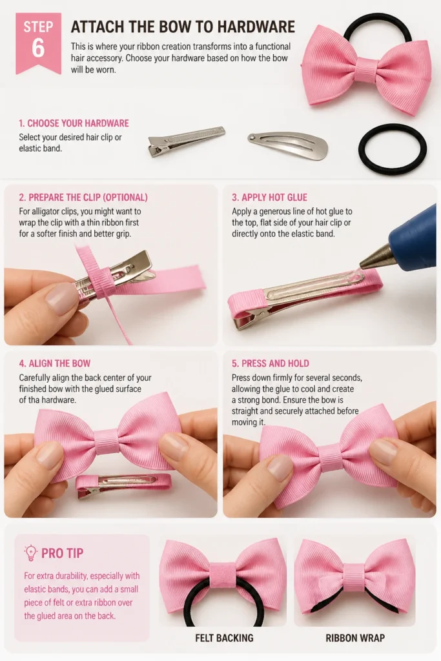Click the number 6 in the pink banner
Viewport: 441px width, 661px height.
pyautogui.click(x=38, y=48)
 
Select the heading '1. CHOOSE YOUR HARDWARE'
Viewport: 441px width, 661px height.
pyautogui.click(x=74, y=123)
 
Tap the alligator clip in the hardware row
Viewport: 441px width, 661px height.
pyautogui.click(x=187, y=140)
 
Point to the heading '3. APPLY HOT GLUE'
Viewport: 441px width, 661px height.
pyautogui.click(x=269, y=198)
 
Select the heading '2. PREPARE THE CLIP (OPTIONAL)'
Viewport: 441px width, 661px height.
pyautogui.click(x=83, y=198)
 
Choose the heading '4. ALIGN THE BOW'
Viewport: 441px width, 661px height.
pyautogui.click(x=55, y=363)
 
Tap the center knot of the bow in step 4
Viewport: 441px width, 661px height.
pyautogui.click(x=107, y=442)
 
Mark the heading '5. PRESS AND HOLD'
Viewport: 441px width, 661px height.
pyautogui.click(x=271, y=363)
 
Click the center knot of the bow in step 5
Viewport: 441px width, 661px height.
pyautogui.click(x=330, y=458)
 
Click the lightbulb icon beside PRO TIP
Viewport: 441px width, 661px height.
pyautogui.click(x=30, y=553)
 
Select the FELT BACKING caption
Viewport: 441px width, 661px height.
pyautogui.click(x=224, y=638)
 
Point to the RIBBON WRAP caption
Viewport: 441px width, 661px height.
pyautogui.click(x=355, y=638)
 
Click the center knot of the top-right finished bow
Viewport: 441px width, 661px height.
pyautogui.click(x=367, y=70)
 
